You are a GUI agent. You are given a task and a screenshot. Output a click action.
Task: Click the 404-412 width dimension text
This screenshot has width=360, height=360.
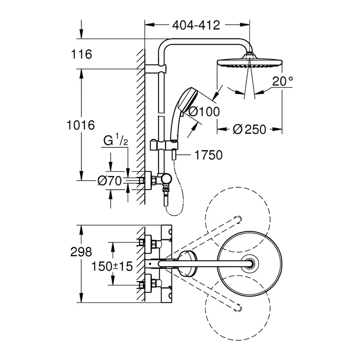click(x=196, y=25)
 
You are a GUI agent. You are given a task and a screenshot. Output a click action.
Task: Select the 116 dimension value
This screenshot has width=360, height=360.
click(x=82, y=54)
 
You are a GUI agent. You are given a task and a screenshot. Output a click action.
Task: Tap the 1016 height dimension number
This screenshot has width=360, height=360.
click(x=80, y=125)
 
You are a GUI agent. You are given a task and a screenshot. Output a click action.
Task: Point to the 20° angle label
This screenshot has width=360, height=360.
click(x=282, y=82)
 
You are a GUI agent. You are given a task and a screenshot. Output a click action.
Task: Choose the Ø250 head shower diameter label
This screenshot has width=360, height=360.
click(x=249, y=129)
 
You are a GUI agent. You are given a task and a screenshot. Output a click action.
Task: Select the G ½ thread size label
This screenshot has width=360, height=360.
click(x=116, y=141)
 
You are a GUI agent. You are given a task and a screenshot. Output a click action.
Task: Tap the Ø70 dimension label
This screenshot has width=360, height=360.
click(x=109, y=181)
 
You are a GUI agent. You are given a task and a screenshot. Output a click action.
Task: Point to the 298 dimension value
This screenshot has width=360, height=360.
click(x=80, y=252)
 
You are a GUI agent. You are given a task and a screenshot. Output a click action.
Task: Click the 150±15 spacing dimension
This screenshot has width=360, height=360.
click(x=112, y=266)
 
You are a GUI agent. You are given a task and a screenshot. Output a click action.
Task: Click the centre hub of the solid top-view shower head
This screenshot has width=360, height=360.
click(x=251, y=263)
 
